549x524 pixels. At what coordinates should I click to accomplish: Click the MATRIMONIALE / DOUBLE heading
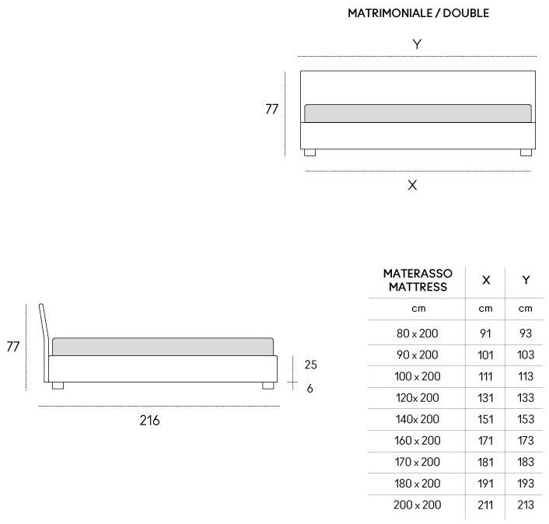[418, 13]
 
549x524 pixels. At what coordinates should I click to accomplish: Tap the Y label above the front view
[417, 44]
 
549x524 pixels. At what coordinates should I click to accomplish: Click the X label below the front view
[412, 185]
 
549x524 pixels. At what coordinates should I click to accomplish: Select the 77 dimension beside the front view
[271, 109]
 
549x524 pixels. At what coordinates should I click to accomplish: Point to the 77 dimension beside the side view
[13, 347]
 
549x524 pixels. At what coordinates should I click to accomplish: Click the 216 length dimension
[150, 421]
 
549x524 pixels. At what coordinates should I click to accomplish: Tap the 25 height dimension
[310, 365]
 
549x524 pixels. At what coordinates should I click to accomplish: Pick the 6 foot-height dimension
[309, 389]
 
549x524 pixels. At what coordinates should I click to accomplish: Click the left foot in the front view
[309, 152]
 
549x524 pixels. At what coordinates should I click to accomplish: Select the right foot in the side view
[268, 386]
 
